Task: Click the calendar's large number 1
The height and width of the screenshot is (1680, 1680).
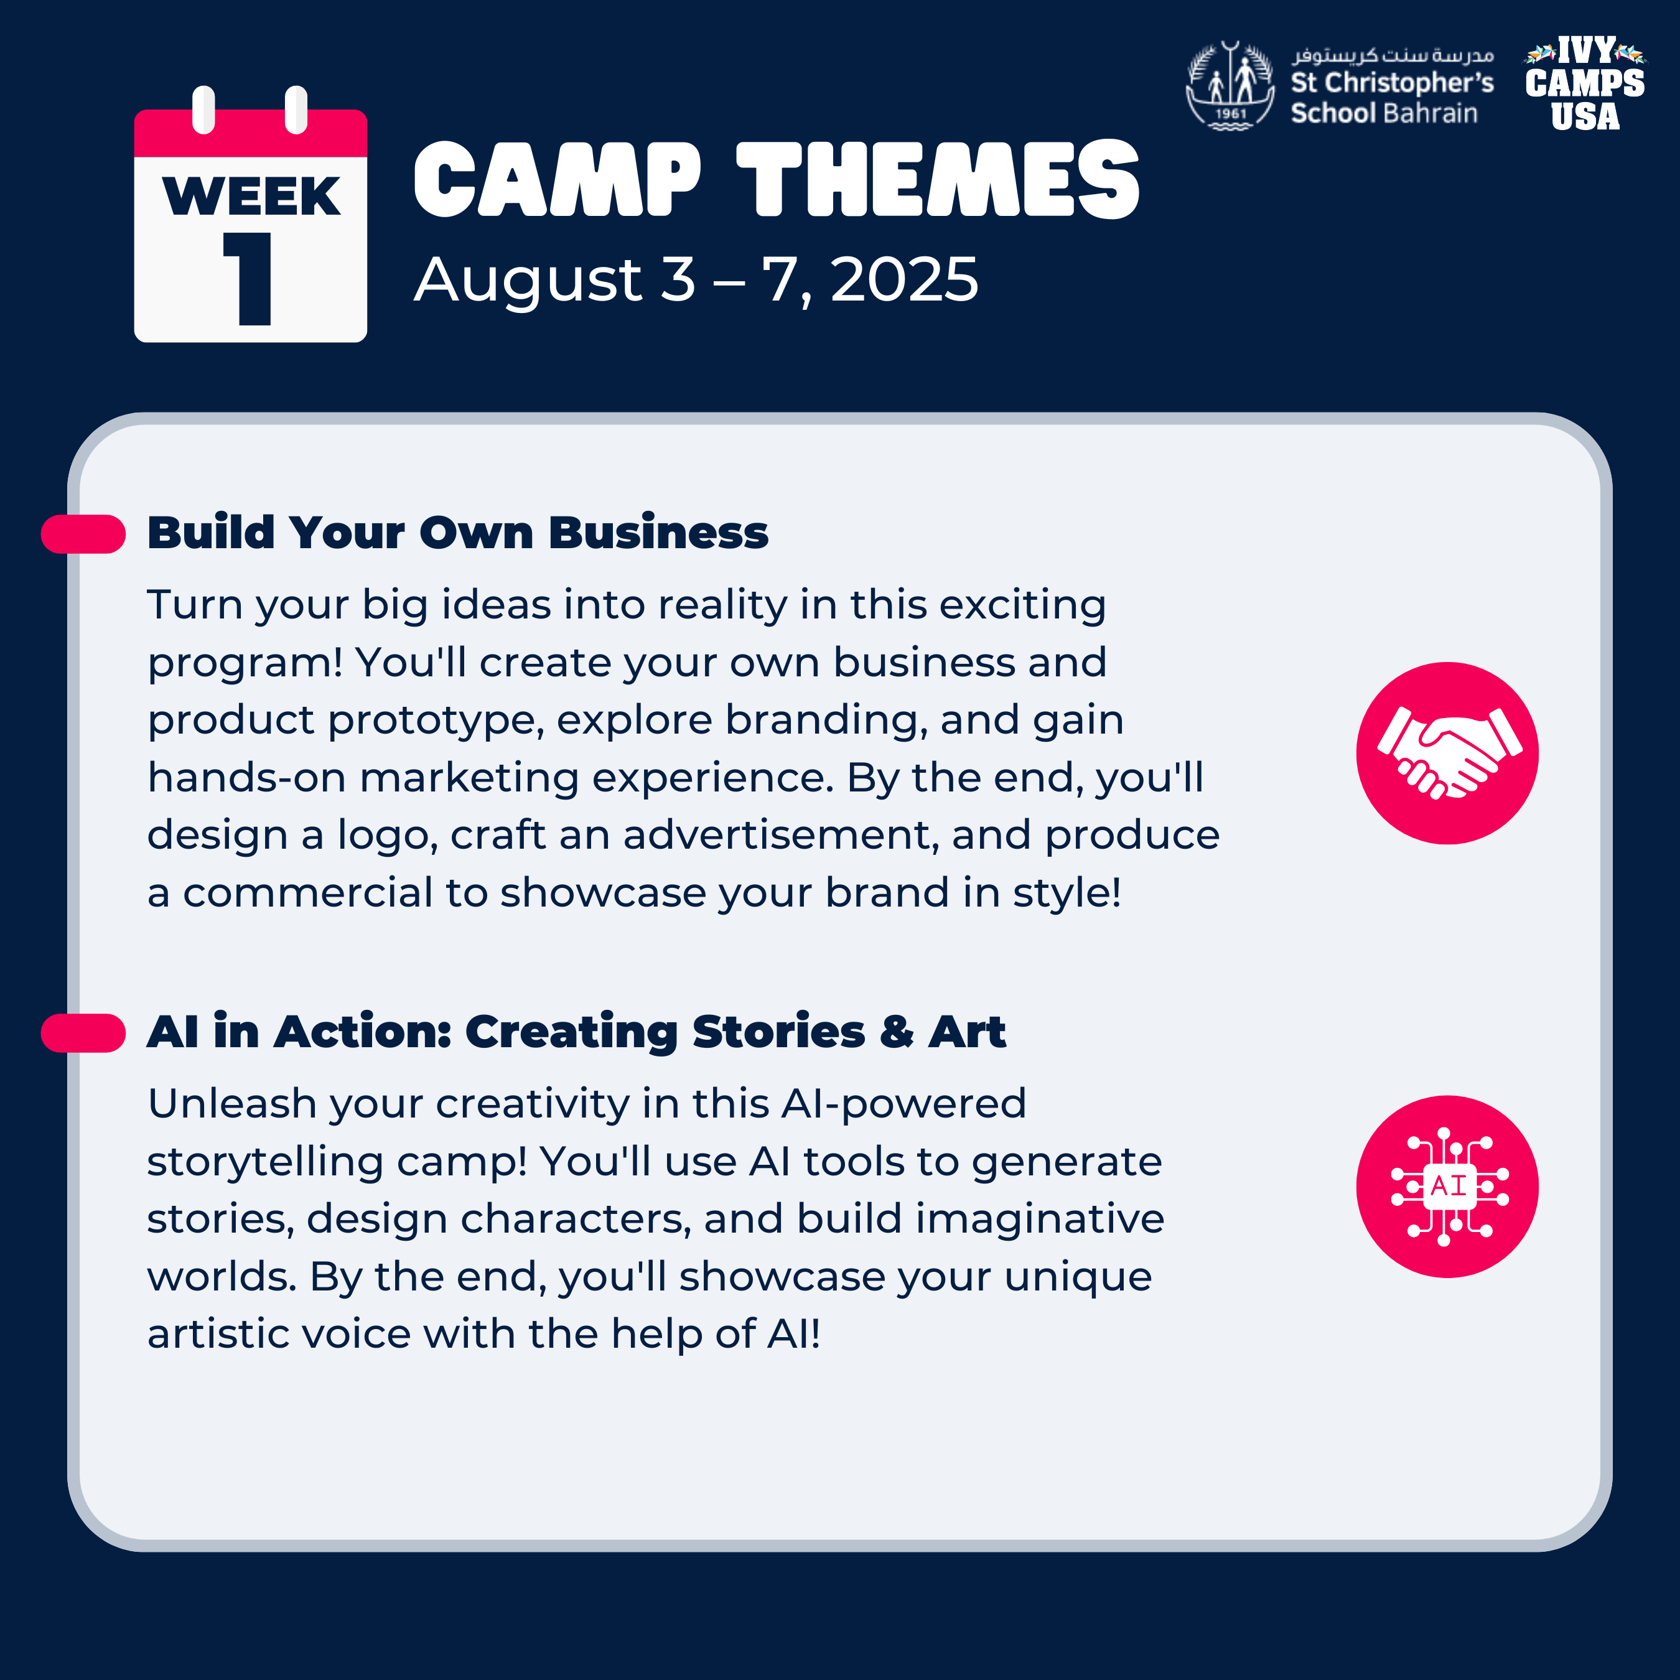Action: pos(250,278)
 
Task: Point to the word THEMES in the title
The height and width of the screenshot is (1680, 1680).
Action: pos(938,179)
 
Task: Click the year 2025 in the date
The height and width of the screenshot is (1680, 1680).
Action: pos(904,280)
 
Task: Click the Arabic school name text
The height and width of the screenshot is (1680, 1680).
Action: pos(1393,55)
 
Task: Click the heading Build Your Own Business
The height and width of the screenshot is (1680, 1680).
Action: pos(457,532)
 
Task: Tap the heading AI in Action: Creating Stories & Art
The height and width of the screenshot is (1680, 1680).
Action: pos(577,1032)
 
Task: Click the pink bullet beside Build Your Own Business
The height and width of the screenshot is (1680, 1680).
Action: pos(83,534)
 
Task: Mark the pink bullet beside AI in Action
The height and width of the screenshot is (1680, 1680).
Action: pos(83,1033)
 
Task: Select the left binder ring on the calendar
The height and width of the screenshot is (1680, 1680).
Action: pos(203,110)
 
